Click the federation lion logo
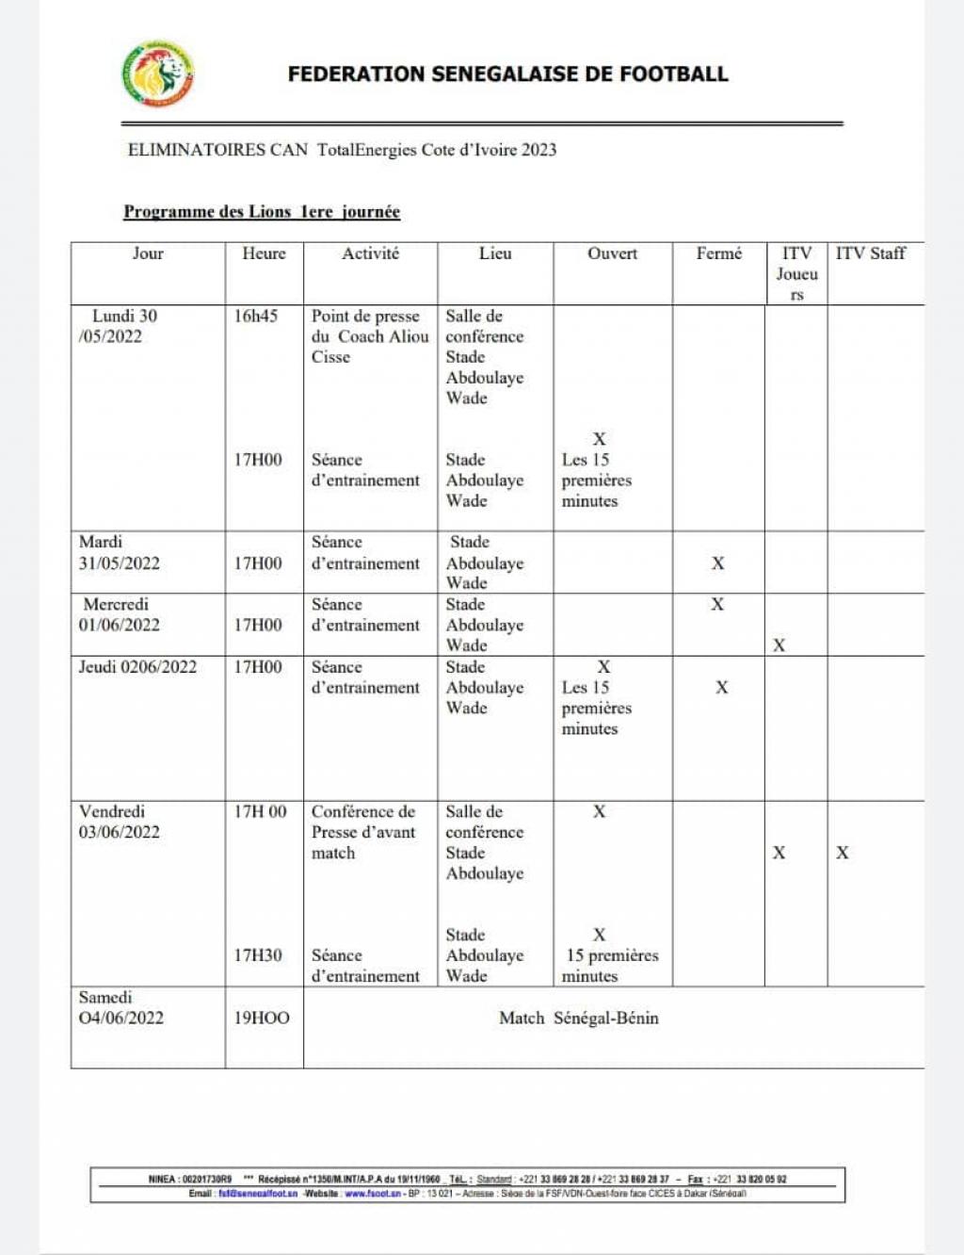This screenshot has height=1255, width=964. (x=158, y=74)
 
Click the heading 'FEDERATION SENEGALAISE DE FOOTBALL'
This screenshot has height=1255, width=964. (x=507, y=74)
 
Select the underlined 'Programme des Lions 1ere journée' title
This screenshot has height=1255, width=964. (x=262, y=212)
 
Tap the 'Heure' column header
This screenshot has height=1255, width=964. (x=264, y=253)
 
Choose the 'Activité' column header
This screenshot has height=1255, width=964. (x=370, y=253)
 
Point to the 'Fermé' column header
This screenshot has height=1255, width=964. (x=718, y=253)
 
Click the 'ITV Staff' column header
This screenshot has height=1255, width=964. (x=870, y=253)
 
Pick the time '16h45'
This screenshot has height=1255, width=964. (x=256, y=317)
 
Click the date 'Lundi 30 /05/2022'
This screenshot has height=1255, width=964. (x=119, y=326)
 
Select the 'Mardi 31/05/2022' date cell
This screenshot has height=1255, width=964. (x=120, y=553)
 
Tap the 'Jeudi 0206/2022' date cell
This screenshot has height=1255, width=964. (x=138, y=667)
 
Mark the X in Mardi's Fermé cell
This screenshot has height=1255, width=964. (x=718, y=563)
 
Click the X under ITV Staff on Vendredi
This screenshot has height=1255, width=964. (x=843, y=853)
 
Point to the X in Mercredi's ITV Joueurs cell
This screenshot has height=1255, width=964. (x=779, y=645)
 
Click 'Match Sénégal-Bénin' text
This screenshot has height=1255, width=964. (x=579, y=1019)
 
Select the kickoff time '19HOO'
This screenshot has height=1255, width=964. (x=262, y=1019)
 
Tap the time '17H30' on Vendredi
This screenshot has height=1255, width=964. (x=258, y=955)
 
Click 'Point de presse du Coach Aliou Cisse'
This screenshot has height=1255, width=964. (x=370, y=336)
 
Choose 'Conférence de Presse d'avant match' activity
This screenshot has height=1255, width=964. (x=363, y=832)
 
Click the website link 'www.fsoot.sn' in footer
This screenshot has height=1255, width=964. (x=373, y=1194)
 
